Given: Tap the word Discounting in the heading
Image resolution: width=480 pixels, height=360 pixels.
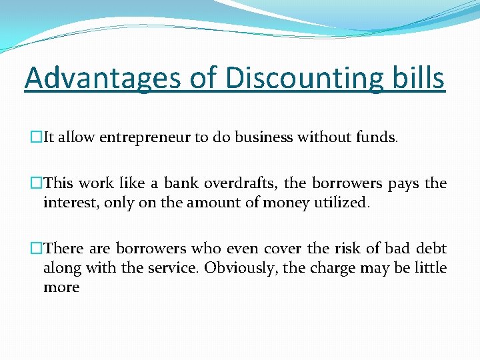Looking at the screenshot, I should tap(304, 77).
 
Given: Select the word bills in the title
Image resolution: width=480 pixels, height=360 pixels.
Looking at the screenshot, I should tap(417, 77).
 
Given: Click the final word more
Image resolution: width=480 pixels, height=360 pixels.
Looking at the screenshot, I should tap(61, 287).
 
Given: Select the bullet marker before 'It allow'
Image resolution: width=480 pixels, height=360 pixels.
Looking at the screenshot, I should tap(37, 138).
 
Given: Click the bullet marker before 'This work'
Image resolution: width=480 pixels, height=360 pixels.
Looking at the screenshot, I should tap(37, 183).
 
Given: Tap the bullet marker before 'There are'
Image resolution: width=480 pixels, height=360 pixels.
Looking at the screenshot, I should tap(37, 249).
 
